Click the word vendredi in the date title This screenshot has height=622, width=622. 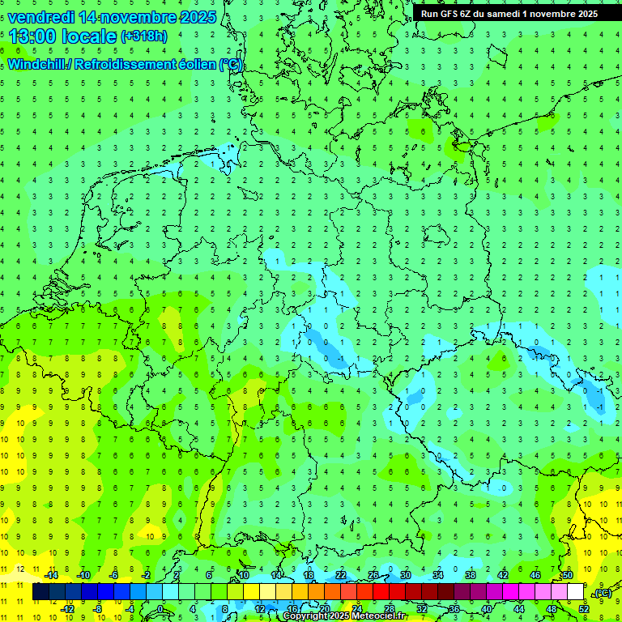[41, 17]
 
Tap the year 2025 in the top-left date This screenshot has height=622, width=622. [194, 17]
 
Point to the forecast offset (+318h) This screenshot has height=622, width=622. [143, 36]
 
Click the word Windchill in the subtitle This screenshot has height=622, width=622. [39, 64]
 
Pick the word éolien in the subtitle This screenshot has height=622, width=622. [190, 64]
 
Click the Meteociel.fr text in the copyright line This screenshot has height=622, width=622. [377, 616]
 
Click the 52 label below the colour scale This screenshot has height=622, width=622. [583, 609]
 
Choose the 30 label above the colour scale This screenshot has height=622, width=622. [406, 575]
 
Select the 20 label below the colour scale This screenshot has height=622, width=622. [324, 609]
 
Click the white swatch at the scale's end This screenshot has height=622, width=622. [575, 592]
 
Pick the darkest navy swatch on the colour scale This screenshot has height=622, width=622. [40, 592]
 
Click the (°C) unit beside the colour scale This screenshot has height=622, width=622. [603, 593]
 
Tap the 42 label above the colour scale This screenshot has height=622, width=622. [502, 575]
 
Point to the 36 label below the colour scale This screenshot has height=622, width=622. [454, 609]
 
